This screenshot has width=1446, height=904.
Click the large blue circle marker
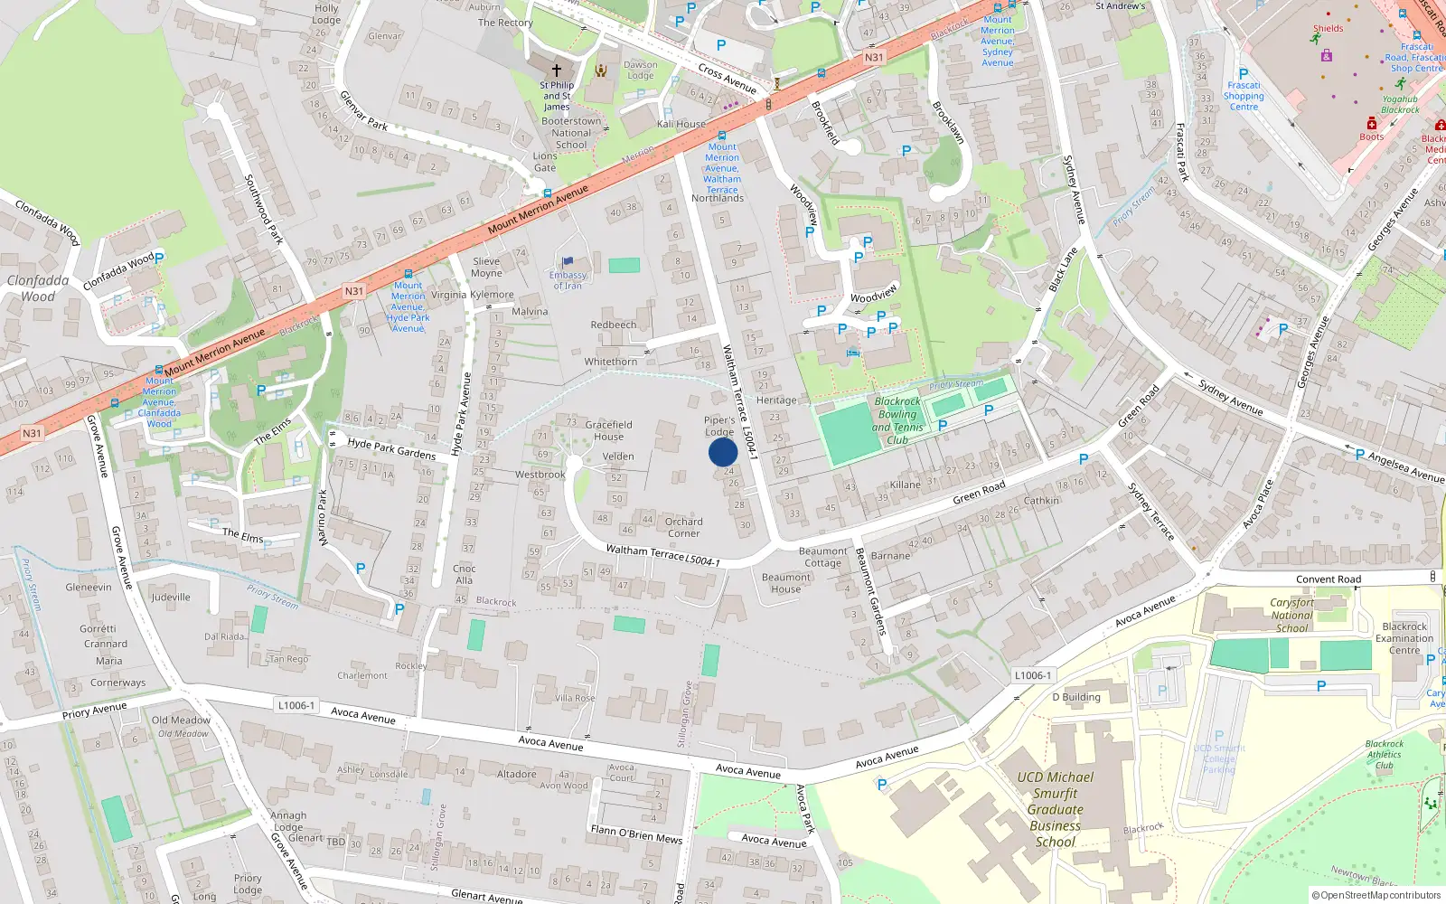point(723,452)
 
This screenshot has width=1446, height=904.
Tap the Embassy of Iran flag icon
point(568,262)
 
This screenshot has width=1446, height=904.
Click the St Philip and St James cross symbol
point(557,70)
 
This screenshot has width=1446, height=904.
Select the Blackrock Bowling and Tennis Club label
point(897,420)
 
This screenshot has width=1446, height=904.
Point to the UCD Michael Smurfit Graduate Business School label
point(1055,809)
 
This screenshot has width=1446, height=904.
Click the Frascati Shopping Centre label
point(1244,96)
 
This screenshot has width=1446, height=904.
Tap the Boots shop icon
point(1372,124)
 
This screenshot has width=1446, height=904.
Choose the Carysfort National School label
point(1291,615)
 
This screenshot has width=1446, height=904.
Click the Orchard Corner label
point(683,527)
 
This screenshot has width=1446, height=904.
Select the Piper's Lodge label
point(719,426)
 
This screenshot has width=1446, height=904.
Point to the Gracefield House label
point(608,430)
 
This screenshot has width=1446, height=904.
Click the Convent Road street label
point(1328,579)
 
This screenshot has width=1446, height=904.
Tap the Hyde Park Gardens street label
point(391,448)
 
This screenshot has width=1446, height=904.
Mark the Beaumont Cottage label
point(822,557)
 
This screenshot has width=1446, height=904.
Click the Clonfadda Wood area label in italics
point(38,288)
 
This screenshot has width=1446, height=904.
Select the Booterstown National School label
point(571,133)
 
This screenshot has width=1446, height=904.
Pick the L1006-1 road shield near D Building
point(1032,675)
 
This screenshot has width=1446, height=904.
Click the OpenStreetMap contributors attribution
point(1376,896)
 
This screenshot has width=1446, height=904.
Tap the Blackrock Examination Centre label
point(1404,638)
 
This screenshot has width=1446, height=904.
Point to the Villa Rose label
point(575,698)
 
